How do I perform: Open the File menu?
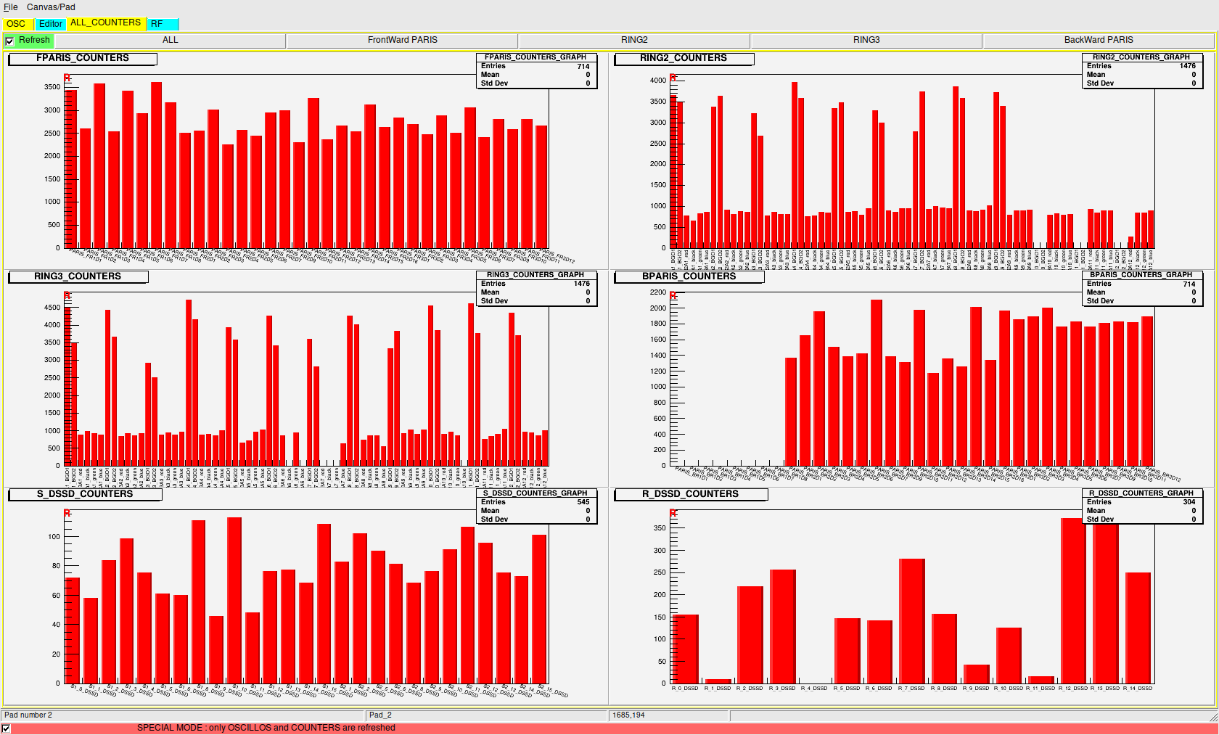(10, 7)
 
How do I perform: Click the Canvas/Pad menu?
(51, 7)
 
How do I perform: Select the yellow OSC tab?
(16, 24)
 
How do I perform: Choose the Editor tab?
(50, 24)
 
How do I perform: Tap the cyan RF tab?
(157, 24)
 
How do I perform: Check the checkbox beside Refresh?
(9, 41)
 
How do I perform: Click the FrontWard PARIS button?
(402, 40)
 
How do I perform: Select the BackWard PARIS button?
(1098, 40)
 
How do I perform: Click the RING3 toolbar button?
(866, 40)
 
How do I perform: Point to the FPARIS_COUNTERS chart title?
(82, 58)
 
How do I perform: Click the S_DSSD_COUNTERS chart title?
(85, 494)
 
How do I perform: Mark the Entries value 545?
(583, 502)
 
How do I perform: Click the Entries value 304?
(1189, 502)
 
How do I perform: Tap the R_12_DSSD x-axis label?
(1073, 689)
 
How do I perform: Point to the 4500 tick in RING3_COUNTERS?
(52, 308)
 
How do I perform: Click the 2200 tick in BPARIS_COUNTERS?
(657, 292)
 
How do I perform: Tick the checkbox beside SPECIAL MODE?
(7, 728)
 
